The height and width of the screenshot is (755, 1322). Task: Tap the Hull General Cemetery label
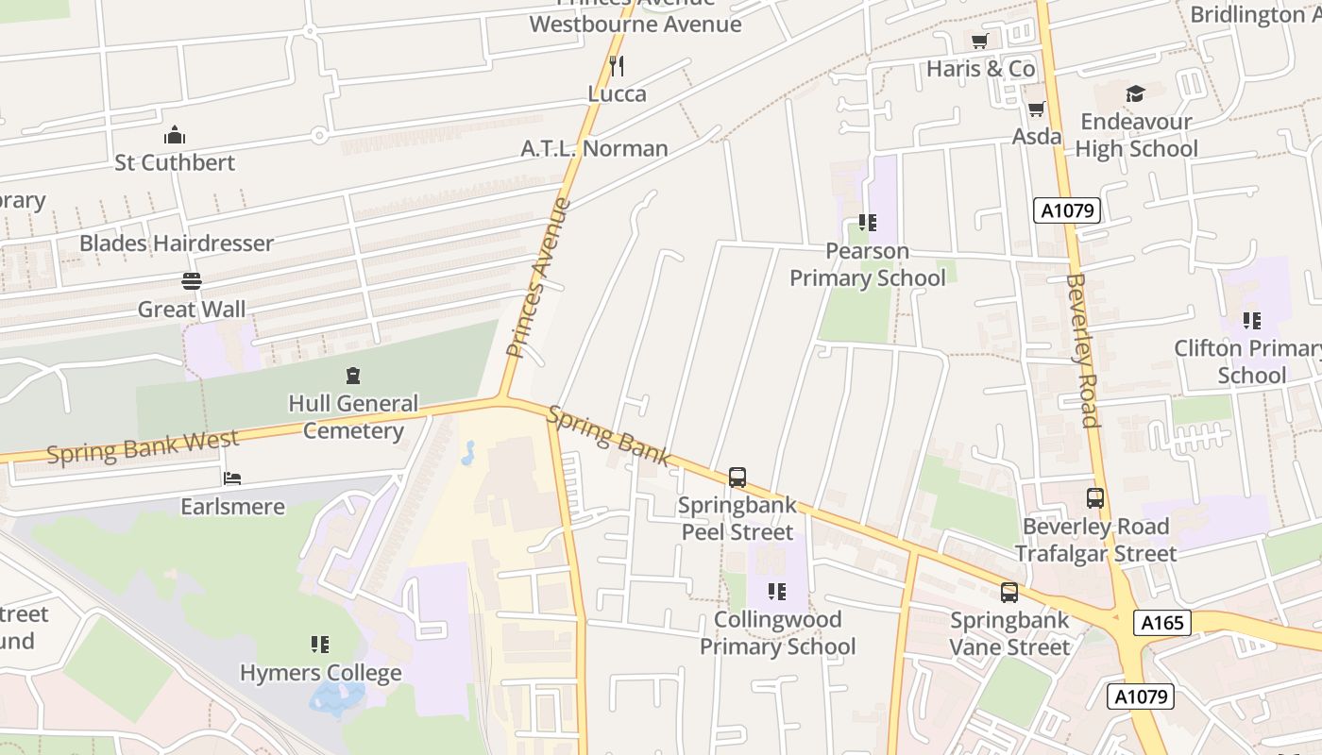click(352, 417)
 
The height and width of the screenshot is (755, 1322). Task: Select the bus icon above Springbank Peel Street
click(737, 478)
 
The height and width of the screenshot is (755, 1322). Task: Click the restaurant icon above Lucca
click(617, 65)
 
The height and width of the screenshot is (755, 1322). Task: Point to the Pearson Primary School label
click(867, 264)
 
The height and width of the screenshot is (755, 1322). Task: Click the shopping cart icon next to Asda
click(1036, 109)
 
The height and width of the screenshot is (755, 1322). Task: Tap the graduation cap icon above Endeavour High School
click(1135, 93)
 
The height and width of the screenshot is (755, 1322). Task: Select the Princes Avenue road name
click(539, 277)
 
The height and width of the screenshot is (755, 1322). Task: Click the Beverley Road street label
click(1082, 350)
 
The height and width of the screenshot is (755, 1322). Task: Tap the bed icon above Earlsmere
click(232, 478)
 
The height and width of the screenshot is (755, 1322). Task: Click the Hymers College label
click(320, 673)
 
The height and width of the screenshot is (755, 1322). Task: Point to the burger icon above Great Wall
click(192, 281)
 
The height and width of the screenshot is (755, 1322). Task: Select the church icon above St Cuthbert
click(175, 135)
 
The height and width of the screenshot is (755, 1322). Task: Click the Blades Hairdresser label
click(177, 243)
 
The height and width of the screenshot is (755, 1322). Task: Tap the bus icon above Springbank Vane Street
click(1009, 593)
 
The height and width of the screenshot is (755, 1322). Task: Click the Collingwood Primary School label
click(777, 633)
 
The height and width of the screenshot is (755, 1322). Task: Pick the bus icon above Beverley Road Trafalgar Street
click(1095, 498)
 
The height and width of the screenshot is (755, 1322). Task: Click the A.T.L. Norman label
click(594, 148)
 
